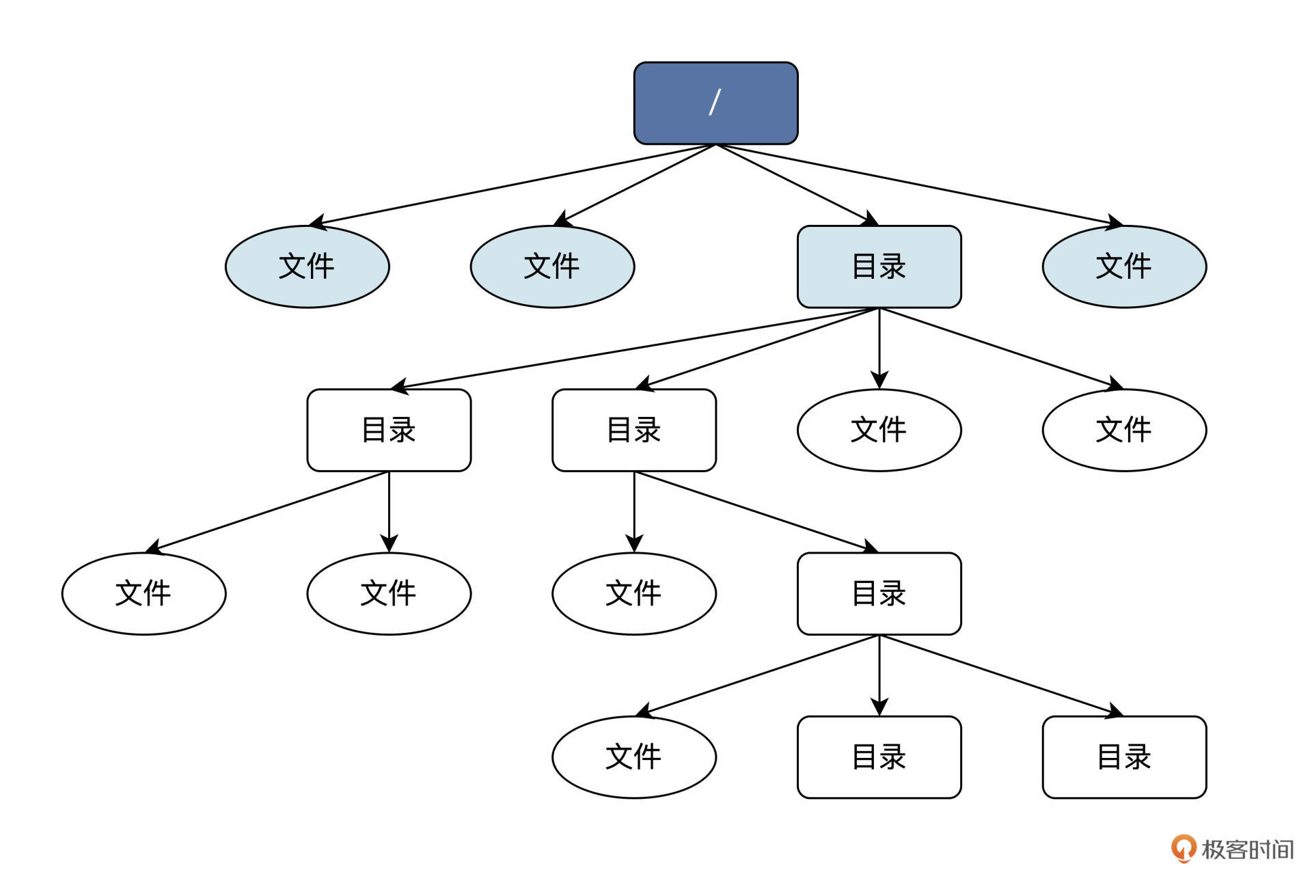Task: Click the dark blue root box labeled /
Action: click(715, 103)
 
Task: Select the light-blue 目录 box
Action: click(879, 267)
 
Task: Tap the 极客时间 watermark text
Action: click(1246, 850)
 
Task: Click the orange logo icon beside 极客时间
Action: click(1183, 848)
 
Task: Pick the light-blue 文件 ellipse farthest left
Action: click(307, 267)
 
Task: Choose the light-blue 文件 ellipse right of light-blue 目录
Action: click(1124, 267)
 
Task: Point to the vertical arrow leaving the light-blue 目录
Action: click(879, 349)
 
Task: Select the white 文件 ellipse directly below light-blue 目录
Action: click(879, 430)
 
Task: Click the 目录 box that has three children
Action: click(879, 593)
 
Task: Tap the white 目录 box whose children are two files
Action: click(389, 430)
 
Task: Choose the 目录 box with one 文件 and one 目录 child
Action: click(633, 430)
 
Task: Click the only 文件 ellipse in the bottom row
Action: click(633, 757)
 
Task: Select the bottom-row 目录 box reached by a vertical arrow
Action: click(879, 757)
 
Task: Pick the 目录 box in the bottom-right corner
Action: click(1124, 757)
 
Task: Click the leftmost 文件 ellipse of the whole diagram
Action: click(143, 593)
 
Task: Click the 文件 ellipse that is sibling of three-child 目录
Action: click(633, 593)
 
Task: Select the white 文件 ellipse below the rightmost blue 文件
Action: click(1124, 430)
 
